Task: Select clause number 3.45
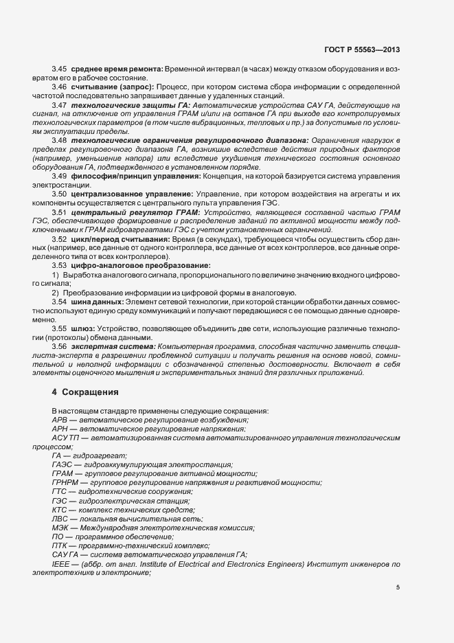pyautogui.click(x=59, y=70)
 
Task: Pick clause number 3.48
pyautogui.click(x=59, y=140)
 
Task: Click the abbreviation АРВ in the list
pyautogui.click(x=60, y=420)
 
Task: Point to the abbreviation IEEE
pyautogui.click(x=61, y=563)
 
